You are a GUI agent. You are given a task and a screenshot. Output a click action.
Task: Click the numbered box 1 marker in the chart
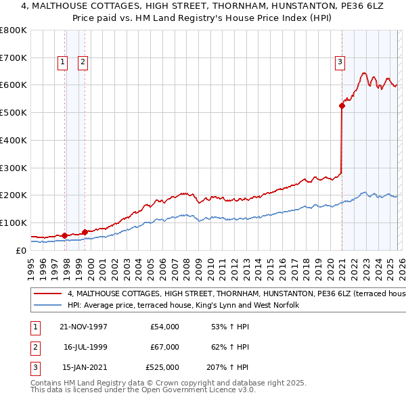click(62, 62)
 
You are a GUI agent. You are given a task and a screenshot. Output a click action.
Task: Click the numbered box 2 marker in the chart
click(83, 62)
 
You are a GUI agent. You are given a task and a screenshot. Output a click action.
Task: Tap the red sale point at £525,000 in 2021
click(342, 105)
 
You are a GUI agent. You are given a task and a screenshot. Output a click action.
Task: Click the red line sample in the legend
click(47, 295)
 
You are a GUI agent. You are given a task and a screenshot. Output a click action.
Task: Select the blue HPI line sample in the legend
click(47, 306)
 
